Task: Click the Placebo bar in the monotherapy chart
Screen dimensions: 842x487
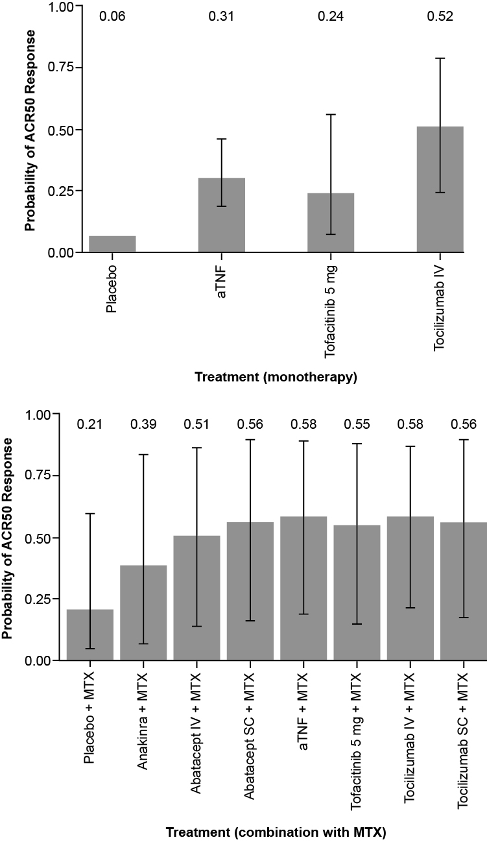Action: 112,244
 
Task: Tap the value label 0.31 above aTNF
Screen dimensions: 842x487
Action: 221,16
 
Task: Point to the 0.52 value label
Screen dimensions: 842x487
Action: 440,16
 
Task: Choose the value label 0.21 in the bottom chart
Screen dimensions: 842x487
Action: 90,424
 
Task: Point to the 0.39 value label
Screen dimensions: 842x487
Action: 143,424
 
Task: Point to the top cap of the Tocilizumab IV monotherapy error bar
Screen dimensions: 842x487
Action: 440,58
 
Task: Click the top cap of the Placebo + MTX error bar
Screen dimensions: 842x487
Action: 90,514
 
